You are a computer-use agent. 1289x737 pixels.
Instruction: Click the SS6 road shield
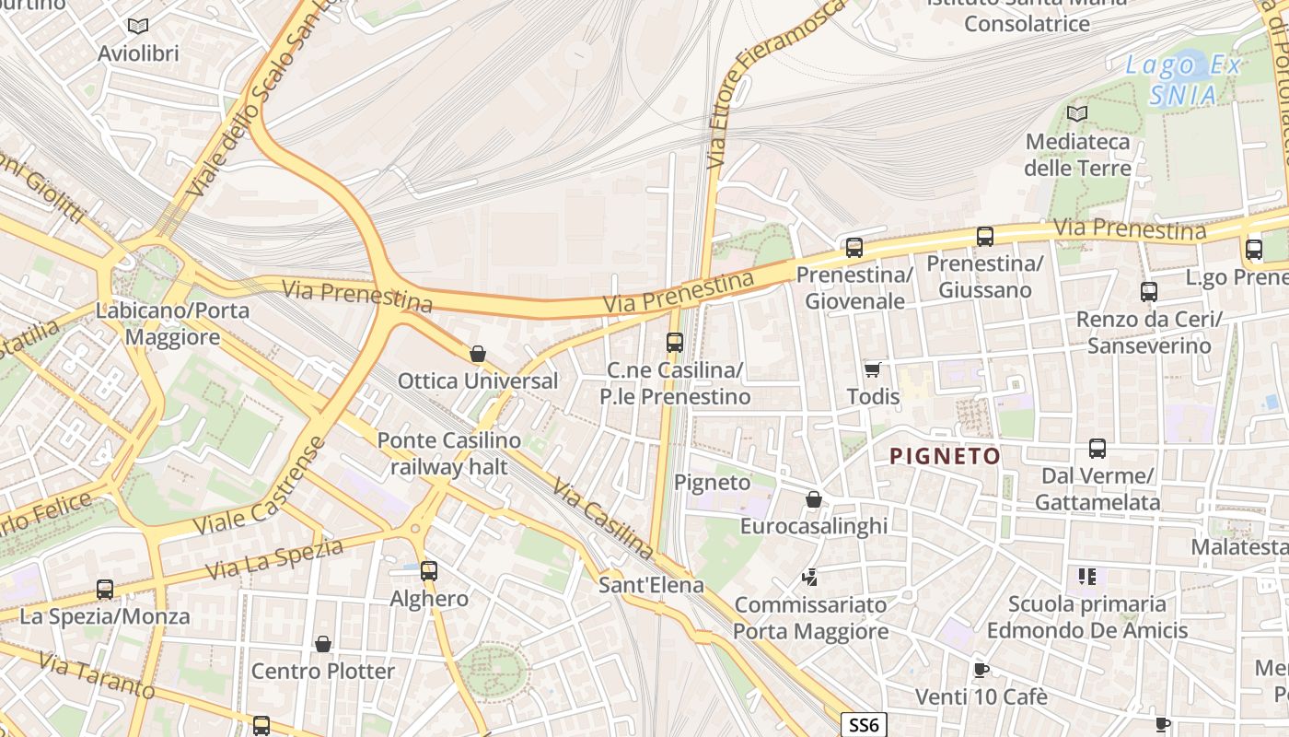pos(864,725)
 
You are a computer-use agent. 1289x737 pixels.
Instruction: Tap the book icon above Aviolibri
pos(138,27)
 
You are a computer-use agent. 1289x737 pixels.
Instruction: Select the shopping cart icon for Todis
pos(872,369)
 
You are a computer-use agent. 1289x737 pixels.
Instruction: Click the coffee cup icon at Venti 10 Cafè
pos(981,670)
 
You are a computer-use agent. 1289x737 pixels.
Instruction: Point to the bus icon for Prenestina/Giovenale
pos(854,248)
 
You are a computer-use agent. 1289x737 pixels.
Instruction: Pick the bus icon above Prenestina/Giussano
pos(985,237)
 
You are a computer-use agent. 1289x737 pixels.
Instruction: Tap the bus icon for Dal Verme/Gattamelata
pos(1097,449)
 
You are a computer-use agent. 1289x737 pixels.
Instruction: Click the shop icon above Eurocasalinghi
pos(814,499)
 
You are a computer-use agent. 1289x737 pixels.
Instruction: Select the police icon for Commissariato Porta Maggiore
pos(810,578)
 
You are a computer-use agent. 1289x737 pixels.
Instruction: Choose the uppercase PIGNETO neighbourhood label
pos(945,456)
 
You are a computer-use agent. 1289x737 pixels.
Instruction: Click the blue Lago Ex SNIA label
pos(1184,79)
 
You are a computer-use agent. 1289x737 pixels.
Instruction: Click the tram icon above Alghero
pos(429,571)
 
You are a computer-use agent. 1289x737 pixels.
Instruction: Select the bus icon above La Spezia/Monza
pos(105,590)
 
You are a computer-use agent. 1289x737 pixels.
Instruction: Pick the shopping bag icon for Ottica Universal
pos(477,354)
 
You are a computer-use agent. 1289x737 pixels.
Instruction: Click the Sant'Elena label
pos(651,585)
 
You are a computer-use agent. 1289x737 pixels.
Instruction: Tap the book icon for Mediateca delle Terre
pos(1077,114)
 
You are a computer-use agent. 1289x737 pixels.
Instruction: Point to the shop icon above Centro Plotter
pos(323,644)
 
